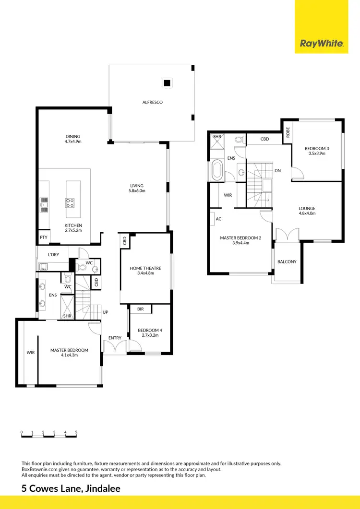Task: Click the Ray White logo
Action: pos(322,44)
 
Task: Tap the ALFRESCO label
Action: pos(152,102)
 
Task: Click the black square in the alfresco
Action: pos(167,83)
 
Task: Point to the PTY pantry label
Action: pos(43,237)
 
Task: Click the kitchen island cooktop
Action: pos(69,203)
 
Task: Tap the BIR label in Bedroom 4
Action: pos(141,309)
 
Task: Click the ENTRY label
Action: pos(115,338)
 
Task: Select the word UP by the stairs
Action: pos(105,312)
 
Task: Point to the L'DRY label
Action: pos(53,254)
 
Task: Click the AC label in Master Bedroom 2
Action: pos(218,219)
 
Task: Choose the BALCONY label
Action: pos(287,262)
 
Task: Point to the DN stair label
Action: pos(277,170)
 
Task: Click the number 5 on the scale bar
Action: pos(76,432)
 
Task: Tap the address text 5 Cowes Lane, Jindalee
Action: pos(71,489)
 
